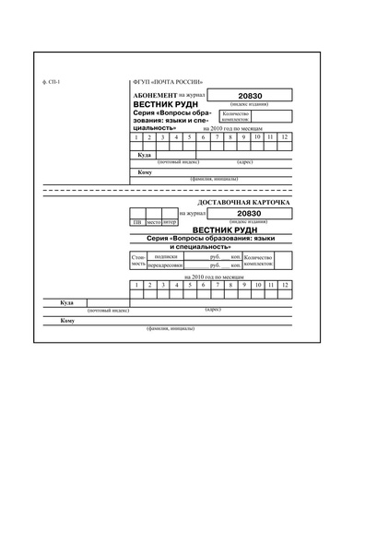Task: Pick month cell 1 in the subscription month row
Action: [x=136, y=137]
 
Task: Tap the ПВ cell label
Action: [x=137, y=222]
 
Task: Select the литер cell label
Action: [x=170, y=222]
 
